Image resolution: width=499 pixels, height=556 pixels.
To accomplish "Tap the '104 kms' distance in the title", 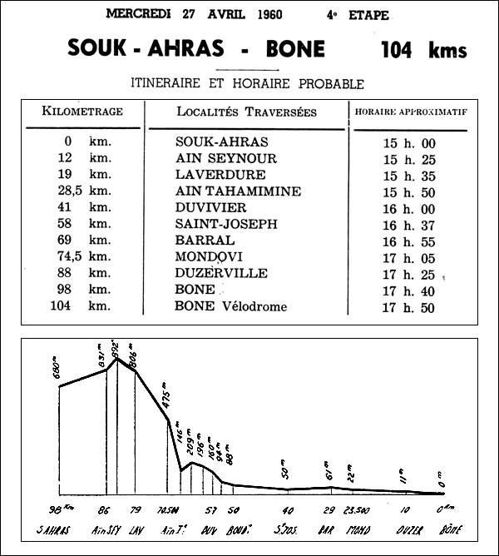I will tap(422, 49).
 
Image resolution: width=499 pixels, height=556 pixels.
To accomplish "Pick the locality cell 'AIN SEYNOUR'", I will tap(226, 159).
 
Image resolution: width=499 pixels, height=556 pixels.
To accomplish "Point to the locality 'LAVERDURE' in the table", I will tap(220, 176).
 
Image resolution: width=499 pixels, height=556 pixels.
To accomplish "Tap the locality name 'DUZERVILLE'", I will tap(222, 274).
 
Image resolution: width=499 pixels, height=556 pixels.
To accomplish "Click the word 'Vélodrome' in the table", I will tap(252, 307).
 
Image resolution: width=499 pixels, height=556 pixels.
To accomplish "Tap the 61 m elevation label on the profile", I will tap(329, 473).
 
